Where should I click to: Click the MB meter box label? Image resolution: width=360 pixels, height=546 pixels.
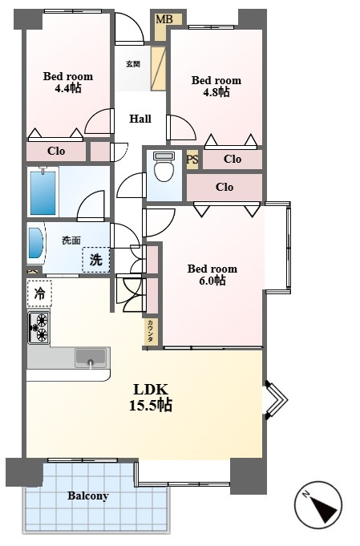(x=164, y=19)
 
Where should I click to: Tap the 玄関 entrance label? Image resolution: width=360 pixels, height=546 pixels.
(x=132, y=64)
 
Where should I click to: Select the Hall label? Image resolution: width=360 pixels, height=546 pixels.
(x=140, y=119)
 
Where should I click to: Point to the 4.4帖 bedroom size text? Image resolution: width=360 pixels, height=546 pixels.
(x=68, y=88)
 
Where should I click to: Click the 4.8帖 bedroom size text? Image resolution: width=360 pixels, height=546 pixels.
(x=216, y=92)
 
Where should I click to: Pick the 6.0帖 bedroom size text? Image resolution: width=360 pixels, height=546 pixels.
(x=212, y=281)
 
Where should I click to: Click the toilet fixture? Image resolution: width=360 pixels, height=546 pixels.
(x=164, y=166)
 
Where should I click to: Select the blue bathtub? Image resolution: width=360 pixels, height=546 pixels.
(x=42, y=192)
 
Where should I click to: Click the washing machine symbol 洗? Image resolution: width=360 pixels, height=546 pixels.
(x=96, y=260)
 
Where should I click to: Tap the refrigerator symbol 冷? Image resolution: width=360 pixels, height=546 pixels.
(x=39, y=293)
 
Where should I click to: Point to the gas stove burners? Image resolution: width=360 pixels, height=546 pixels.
(x=38, y=327)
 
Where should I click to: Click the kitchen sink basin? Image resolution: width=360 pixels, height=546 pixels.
(x=91, y=358)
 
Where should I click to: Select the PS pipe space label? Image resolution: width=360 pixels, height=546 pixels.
(x=192, y=160)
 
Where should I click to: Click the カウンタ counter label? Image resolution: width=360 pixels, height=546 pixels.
(x=151, y=331)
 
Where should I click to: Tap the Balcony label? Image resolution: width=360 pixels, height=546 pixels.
(x=88, y=495)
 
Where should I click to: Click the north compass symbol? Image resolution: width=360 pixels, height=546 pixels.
(x=318, y=505)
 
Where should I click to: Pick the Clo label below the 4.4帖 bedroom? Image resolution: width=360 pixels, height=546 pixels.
(x=56, y=151)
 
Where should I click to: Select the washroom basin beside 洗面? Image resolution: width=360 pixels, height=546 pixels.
(x=35, y=243)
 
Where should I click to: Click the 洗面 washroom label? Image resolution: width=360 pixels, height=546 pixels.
(x=71, y=240)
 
